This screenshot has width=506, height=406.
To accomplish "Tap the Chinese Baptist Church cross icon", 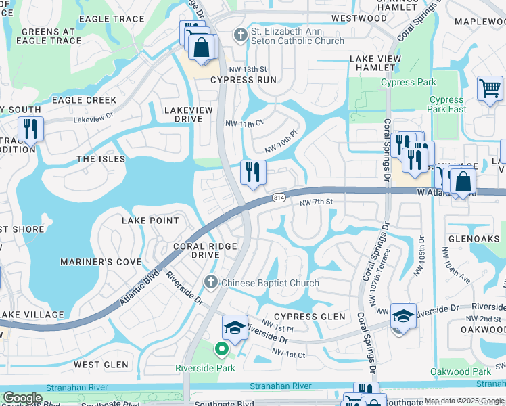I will pos(211,282).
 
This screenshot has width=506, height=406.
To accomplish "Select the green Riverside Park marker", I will pos(221,350).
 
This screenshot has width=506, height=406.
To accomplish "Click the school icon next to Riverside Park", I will pos(235,328).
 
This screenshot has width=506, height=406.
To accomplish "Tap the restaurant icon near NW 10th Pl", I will pos(253,172).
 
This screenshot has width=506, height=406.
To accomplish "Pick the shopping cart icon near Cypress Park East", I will pos(490,89).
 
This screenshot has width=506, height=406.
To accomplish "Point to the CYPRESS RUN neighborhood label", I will pos(243,80).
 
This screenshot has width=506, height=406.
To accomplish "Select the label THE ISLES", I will pos(101,159).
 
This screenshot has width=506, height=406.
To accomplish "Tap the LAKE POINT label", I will pos(150,221).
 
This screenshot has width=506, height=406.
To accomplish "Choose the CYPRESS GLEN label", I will pos(309,317).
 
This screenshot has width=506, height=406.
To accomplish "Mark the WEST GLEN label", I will pos(101,365).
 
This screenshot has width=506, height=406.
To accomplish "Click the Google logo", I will pos(22,398).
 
